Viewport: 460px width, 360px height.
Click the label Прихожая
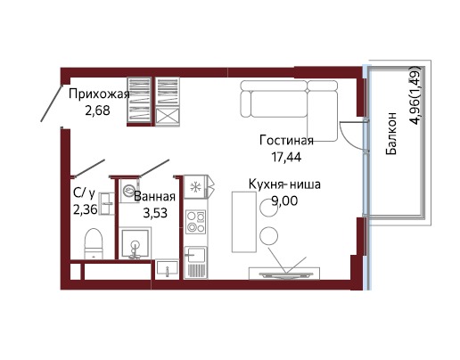[x=99, y=94]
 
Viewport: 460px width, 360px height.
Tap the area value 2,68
[x=97, y=110]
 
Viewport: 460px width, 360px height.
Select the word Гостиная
[x=286, y=140]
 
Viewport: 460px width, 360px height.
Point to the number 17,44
[x=286, y=157]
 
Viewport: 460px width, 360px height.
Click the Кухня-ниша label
[x=284, y=184]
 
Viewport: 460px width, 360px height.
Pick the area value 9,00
[x=284, y=201]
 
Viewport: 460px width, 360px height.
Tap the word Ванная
[x=154, y=197]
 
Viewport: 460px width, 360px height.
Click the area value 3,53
[x=155, y=213]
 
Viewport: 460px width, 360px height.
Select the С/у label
[x=84, y=193]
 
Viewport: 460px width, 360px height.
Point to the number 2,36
[x=86, y=210]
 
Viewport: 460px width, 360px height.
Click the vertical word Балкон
[x=391, y=134]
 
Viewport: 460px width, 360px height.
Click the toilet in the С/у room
[x=94, y=243]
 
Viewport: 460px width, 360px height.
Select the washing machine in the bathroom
[x=129, y=191]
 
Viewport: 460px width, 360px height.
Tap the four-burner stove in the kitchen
[x=195, y=221]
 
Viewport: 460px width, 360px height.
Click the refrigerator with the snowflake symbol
[x=195, y=187]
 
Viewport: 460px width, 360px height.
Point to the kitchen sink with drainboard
[x=195, y=263]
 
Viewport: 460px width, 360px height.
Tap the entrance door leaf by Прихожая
[x=52, y=103]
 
